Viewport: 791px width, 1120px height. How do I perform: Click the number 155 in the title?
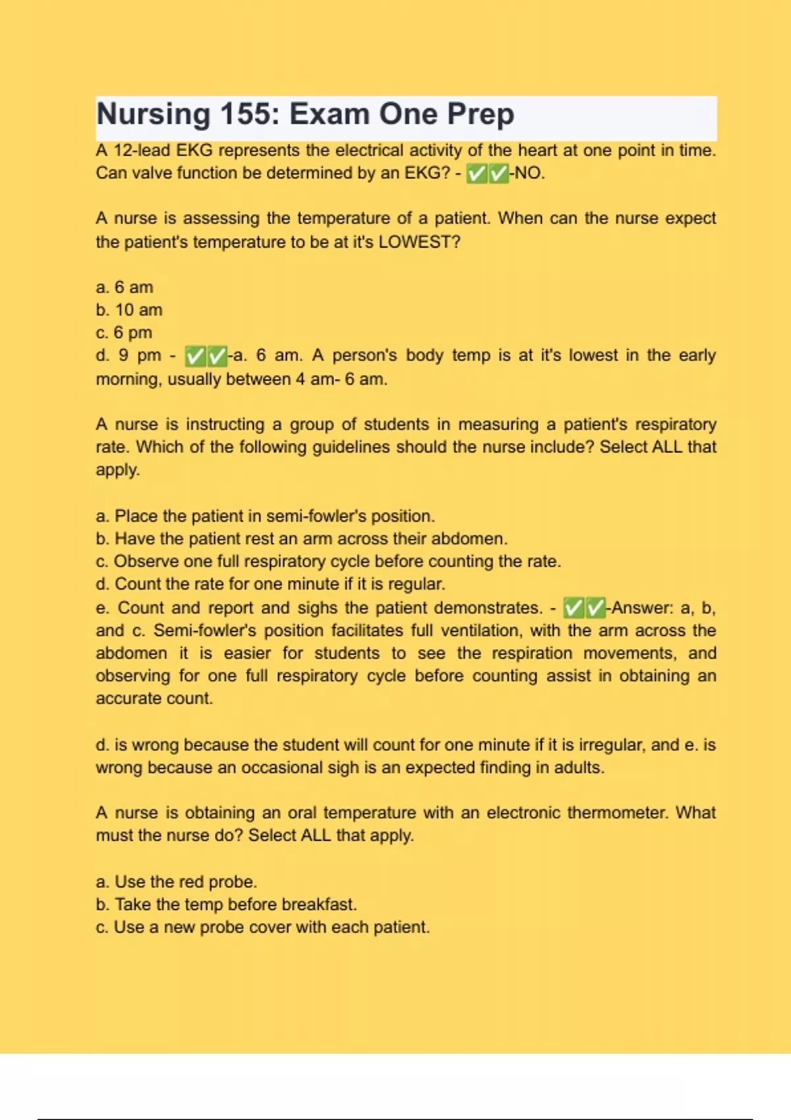241,114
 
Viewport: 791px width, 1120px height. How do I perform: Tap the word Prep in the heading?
481,114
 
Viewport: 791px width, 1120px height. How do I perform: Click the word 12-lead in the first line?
144,151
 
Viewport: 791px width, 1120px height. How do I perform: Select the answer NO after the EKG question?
529,173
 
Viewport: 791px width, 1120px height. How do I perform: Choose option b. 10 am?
129,310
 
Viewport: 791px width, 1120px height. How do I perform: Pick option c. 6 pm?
124,333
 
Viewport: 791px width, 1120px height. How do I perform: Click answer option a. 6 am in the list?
125,287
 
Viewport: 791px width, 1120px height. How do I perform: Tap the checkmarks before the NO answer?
487,174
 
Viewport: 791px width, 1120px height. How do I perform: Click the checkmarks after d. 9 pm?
206,356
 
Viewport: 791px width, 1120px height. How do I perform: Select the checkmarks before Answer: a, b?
585,608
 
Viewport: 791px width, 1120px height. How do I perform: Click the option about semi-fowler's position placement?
265,516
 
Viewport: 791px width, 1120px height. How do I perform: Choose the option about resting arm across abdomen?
301,539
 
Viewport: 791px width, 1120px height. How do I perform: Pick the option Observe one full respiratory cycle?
328,561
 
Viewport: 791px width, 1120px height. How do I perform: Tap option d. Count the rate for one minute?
270,584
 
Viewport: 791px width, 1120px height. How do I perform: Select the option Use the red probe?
177,882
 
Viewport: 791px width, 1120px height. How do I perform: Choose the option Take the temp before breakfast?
226,905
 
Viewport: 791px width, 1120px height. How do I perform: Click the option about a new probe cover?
262,927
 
